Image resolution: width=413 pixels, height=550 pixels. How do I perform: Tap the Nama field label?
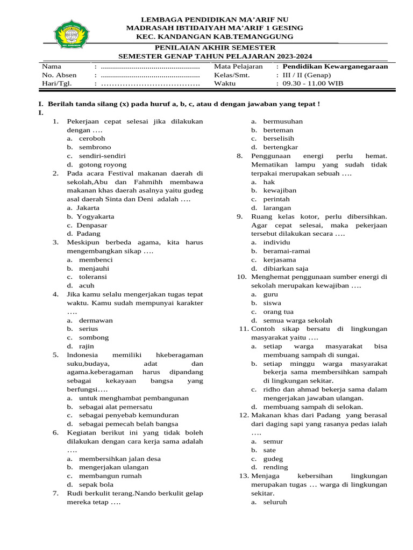tap(52, 67)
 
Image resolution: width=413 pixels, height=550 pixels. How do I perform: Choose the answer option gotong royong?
tap(103, 164)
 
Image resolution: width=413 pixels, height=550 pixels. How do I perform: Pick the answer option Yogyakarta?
tap(95, 216)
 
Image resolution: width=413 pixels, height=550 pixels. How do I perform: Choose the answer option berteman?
tap(278, 130)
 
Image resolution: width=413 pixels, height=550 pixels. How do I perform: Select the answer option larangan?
tap(277, 208)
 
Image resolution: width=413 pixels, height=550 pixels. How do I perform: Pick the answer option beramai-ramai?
tap(287, 251)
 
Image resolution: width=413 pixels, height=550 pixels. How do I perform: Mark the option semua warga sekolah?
tap(298, 320)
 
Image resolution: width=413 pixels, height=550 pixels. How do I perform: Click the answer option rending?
tap(275, 467)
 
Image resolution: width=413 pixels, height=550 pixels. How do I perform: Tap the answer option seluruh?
tap(275, 502)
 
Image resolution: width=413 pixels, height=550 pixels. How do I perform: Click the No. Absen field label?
tap(59, 75)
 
